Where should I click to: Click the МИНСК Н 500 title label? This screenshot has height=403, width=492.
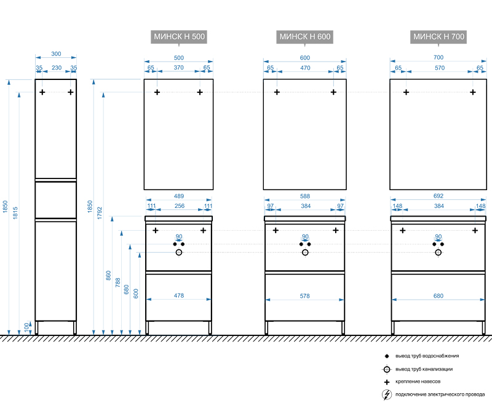178,37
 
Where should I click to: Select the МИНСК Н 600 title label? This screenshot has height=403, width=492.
305,37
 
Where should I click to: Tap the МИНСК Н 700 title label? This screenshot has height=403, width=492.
438,37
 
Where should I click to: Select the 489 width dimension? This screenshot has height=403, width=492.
178,196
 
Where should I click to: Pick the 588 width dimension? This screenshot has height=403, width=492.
305,196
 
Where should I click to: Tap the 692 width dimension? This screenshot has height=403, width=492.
438,196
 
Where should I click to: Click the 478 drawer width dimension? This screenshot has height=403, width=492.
178,296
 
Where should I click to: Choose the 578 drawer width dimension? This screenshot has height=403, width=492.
305,296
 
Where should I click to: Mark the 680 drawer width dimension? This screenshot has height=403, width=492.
438,296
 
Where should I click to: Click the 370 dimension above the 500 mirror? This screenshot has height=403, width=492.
178,68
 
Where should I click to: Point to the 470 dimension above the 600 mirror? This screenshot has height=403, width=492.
305,68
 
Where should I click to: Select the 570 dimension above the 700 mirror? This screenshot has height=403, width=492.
439,68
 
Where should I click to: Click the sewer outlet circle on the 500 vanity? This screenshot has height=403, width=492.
179,252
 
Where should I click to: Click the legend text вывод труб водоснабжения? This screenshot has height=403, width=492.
427,356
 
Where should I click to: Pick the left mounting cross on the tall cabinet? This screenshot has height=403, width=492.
42,92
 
